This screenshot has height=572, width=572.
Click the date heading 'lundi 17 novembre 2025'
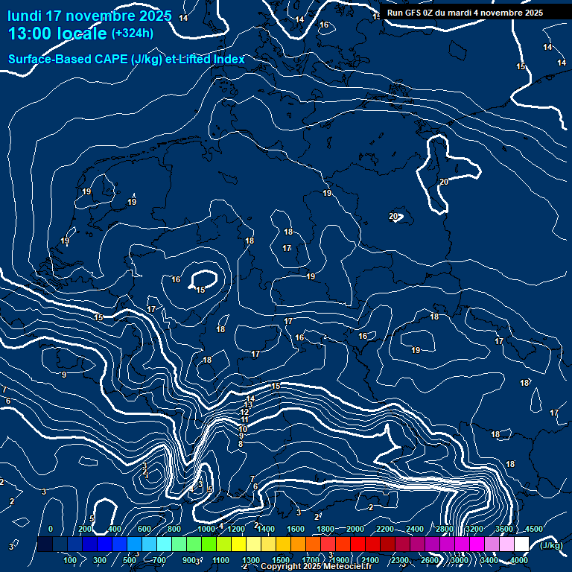89,16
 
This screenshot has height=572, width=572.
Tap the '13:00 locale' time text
57,34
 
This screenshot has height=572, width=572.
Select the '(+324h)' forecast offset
133,34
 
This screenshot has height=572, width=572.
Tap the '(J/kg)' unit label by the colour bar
551,545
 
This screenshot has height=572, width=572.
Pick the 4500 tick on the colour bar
534,529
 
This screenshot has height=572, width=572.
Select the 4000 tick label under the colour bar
519,560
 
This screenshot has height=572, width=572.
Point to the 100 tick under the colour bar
71,560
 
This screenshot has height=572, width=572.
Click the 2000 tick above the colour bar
355,529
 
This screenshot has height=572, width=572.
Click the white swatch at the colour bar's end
521,544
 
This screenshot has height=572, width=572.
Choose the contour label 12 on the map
244,412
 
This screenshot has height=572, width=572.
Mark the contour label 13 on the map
248,405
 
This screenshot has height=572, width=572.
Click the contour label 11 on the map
244,420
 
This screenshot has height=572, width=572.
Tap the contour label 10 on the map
243,429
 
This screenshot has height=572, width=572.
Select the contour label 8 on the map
241,444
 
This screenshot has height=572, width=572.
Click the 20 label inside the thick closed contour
444,182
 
